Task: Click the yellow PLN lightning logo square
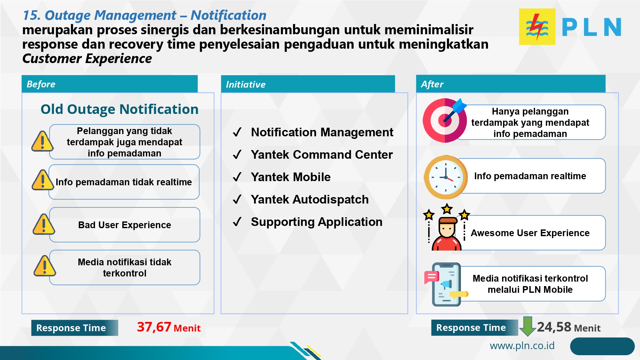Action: (x=537, y=27)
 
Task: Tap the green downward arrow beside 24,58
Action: (x=527, y=326)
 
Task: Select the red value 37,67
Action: (x=154, y=327)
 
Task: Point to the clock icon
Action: (x=445, y=177)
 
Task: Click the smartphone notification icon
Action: (x=446, y=284)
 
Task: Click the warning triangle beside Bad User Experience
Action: (x=44, y=224)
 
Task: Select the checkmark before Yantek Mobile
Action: (x=237, y=177)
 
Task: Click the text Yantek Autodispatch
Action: (x=309, y=199)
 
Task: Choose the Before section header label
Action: (x=41, y=84)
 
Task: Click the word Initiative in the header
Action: (x=245, y=84)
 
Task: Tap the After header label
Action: (x=432, y=84)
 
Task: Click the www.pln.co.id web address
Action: (x=522, y=346)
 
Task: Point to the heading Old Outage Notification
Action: (x=119, y=109)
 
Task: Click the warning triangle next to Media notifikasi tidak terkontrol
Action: (x=44, y=266)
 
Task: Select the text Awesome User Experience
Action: (x=530, y=233)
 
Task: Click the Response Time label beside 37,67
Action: (x=71, y=328)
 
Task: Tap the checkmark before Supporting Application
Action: (x=237, y=222)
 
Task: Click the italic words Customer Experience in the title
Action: (x=87, y=59)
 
